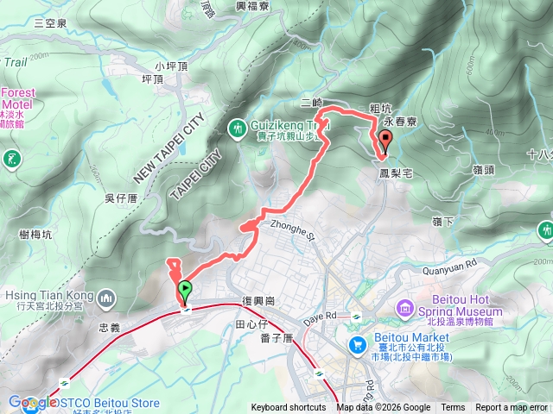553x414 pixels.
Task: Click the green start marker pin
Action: pyautogui.click(x=184, y=292)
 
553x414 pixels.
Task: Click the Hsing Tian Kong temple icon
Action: pyautogui.click(x=107, y=299)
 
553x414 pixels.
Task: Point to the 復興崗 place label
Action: pyautogui.click(x=258, y=301)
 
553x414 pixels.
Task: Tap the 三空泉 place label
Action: pyautogui.click(x=50, y=23)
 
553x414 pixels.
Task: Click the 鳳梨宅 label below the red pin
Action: pyautogui.click(x=396, y=174)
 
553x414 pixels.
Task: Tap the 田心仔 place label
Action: pyautogui.click(x=251, y=323)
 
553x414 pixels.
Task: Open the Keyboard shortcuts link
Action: pyautogui.click(x=289, y=408)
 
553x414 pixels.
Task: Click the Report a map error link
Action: pyautogui.click(x=512, y=408)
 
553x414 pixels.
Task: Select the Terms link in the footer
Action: pyautogui.click(x=453, y=408)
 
